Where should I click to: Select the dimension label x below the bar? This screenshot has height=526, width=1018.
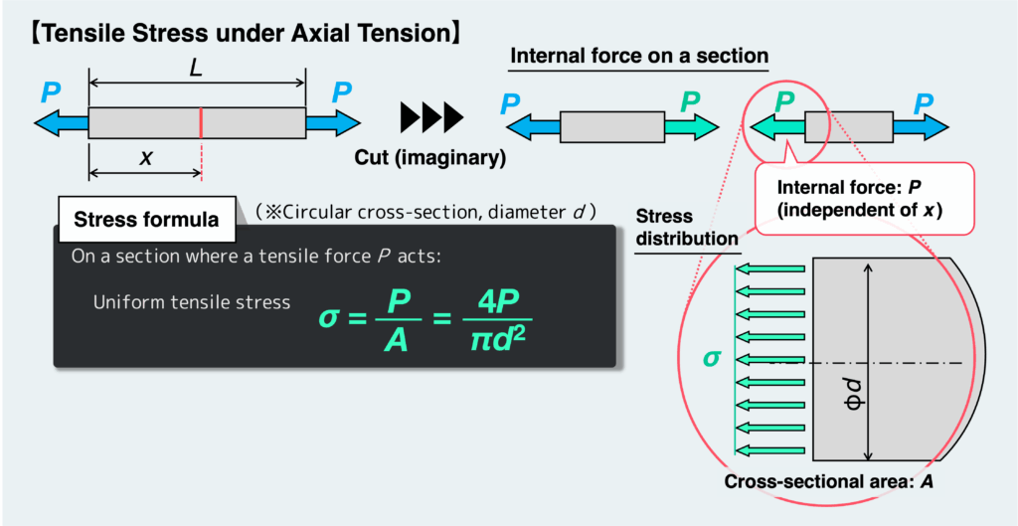pos(145,157)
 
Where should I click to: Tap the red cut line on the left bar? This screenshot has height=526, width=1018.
pos(202,122)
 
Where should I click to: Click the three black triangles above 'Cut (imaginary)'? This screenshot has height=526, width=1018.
pos(430,117)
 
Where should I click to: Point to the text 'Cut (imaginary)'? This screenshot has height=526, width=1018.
pos(430,157)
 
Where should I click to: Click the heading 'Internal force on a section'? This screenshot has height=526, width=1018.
pos(639,56)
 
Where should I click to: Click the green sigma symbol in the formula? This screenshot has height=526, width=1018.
pos(329,318)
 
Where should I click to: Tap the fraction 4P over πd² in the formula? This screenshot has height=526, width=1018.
pos(496,318)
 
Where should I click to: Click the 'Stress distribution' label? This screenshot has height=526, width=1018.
pos(687,227)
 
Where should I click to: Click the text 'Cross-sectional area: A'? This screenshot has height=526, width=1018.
pos(828,481)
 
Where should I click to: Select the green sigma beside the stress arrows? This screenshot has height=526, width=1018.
pos(711,357)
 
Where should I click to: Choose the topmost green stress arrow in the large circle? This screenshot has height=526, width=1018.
pos(770,268)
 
